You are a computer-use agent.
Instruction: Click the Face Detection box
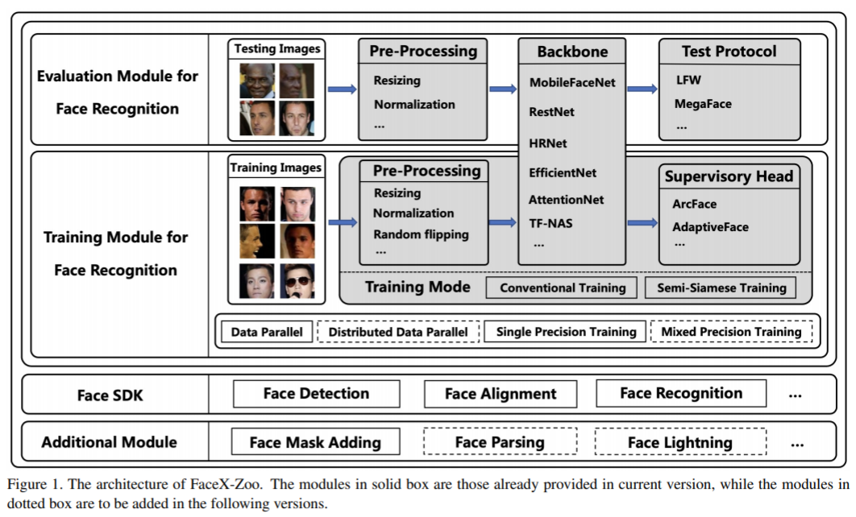click(317, 394)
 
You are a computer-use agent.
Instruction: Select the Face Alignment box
click(501, 394)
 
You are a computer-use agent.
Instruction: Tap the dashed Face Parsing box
click(500, 442)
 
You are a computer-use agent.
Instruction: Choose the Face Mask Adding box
click(315, 442)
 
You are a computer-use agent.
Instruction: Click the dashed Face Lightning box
click(680, 442)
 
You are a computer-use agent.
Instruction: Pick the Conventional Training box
click(563, 287)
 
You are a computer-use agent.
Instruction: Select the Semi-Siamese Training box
click(721, 287)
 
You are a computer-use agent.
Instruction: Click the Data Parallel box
click(267, 332)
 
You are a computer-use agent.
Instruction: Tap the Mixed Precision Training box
click(732, 332)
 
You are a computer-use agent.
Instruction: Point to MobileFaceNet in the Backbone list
click(572, 82)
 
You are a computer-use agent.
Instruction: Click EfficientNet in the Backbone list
click(563, 173)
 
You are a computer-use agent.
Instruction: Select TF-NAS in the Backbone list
click(551, 223)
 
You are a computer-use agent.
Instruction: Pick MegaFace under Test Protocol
click(703, 104)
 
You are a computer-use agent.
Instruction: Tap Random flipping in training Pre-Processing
click(421, 234)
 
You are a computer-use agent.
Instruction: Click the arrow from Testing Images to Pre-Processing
click(343, 89)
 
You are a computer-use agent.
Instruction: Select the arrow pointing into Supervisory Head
click(642, 222)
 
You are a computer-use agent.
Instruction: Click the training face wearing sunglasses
click(297, 281)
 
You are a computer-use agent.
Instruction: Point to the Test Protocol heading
click(729, 52)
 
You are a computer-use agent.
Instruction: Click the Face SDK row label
click(110, 395)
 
